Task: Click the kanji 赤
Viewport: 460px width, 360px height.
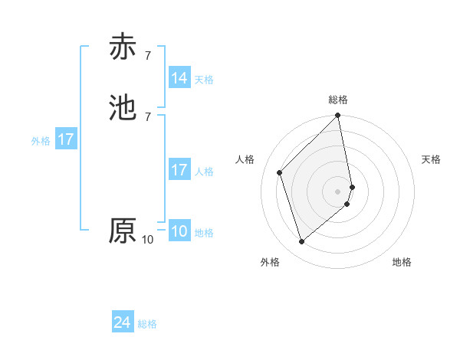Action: coord(123,47)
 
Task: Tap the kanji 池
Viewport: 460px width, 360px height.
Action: coord(123,107)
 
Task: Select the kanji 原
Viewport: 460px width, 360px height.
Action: coord(123,231)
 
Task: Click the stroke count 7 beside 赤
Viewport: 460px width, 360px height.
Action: coord(148,56)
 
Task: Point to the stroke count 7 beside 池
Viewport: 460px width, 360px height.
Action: coord(148,116)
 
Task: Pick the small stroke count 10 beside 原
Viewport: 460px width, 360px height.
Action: coord(148,240)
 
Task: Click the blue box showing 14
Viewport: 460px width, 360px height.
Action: coord(179,78)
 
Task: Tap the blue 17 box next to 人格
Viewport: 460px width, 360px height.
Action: coord(179,170)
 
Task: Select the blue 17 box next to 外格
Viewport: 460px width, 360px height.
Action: coord(66,140)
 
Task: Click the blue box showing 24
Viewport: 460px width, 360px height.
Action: coord(123,323)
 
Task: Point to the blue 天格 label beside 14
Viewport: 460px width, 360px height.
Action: coord(204,80)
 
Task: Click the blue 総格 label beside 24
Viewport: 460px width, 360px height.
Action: coord(147,325)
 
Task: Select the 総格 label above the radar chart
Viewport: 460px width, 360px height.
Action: coord(338,100)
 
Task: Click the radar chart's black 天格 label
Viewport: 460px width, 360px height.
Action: coord(432,159)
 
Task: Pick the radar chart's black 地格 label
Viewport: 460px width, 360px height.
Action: coord(402,262)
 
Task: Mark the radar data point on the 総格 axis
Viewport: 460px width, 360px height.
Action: coord(338,116)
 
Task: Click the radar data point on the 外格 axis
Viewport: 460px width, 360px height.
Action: coord(302,242)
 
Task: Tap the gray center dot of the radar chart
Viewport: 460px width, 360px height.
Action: coord(338,191)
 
